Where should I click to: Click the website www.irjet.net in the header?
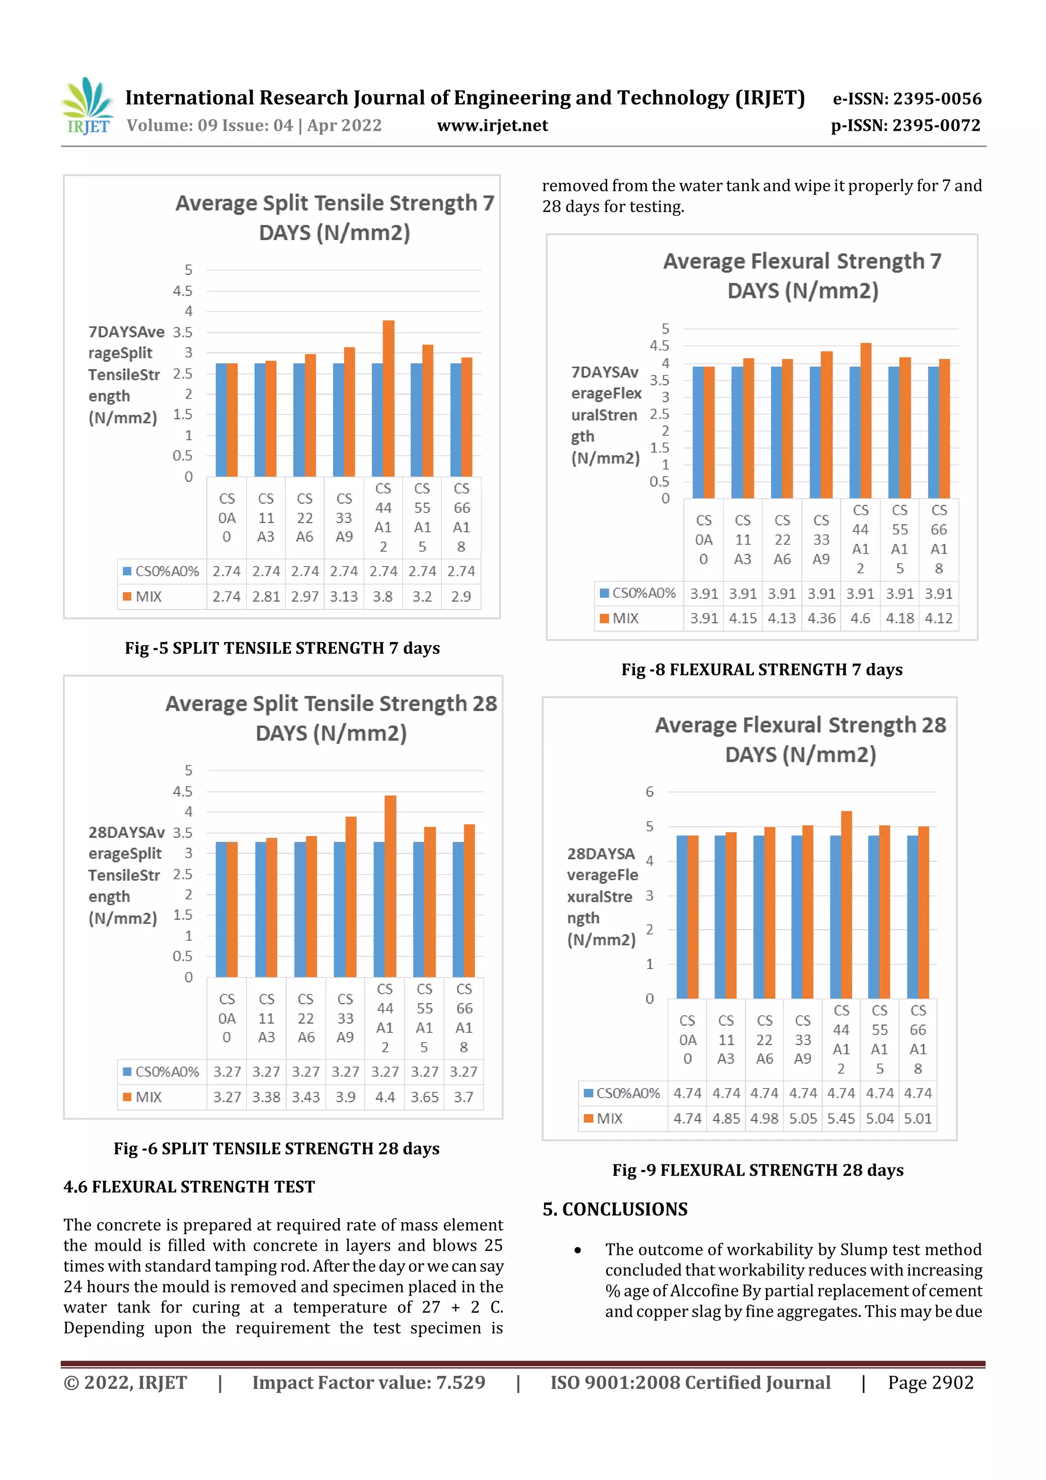[492, 125]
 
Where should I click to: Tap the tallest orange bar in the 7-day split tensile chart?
[389, 398]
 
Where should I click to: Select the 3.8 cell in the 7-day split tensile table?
[383, 596]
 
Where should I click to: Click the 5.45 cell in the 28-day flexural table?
[841, 1118]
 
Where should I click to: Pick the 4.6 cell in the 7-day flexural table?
[861, 618]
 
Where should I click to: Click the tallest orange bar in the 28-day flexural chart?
[846, 904]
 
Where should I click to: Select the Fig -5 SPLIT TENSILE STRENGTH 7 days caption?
[282, 648]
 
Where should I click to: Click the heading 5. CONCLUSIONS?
[615, 1209]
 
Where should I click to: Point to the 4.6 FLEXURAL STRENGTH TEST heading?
[189, 1187]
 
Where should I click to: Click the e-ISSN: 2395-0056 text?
[907, 99]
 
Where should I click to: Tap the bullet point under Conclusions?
[578, 1251]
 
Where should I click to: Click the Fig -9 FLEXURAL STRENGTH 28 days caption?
[757, 1170]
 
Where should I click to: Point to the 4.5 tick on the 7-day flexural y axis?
[659, 345]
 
